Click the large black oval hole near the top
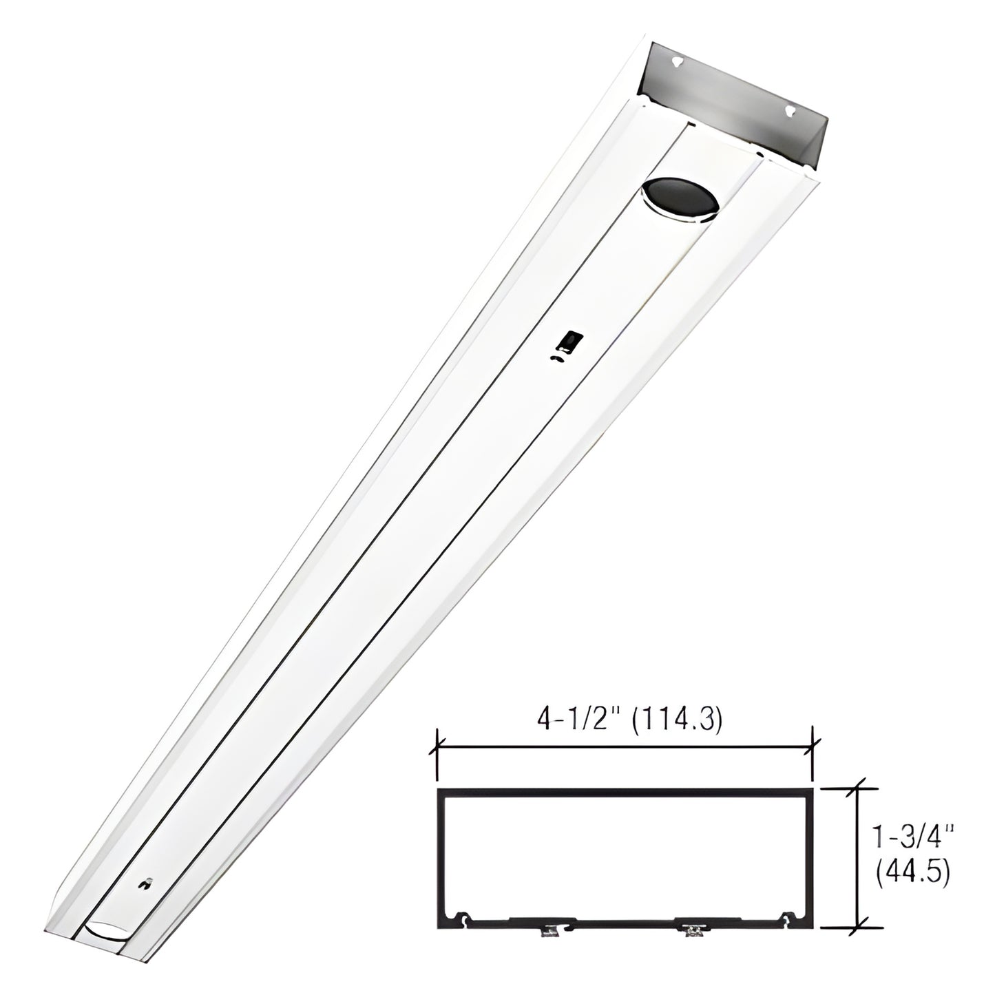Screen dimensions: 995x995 (679, 198)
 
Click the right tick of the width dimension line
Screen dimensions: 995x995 (814, 744)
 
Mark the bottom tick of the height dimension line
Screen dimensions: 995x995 (858, 927)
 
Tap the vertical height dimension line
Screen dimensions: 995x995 (858, 858)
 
